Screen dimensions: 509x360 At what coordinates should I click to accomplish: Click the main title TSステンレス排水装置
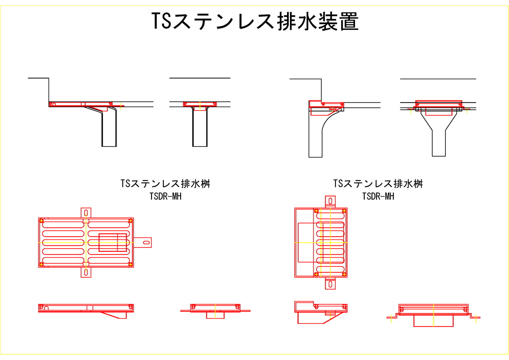click(x=255, y=21)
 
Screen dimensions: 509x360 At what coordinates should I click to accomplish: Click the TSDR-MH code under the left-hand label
click(x=165, y=197)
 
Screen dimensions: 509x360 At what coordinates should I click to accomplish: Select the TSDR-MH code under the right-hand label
click(x=378, y=197)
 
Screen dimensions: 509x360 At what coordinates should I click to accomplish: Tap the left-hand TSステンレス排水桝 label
click(x=165, y=184)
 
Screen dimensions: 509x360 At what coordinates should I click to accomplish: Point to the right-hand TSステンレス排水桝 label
click(x=378, y=184)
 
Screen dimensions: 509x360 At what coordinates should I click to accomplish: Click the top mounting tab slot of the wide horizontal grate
click(x=86, y=213)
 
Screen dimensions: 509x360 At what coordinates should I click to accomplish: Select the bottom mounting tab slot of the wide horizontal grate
click(x=86, y=272)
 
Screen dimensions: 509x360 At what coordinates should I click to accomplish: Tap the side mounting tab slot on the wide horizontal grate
click(x=147, y=243)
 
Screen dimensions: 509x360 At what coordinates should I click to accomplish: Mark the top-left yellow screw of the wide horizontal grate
click(x=41, y=221)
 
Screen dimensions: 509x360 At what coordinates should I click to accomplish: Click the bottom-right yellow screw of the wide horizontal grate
click(x=130, y=264)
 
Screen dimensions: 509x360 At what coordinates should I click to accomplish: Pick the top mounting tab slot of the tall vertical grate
click(x=330, y=201)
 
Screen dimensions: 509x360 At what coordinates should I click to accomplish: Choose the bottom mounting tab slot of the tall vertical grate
click(x=330, y=284)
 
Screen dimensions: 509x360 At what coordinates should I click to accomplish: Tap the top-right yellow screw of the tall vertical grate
click(x=344, y=211)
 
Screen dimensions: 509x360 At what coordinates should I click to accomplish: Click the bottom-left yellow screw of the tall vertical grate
click(x=316, y=274)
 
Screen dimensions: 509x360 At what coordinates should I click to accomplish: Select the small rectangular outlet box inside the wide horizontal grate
click(x=113, y=243)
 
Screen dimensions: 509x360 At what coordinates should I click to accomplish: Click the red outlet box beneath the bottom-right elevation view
click(x=433, y=321)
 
